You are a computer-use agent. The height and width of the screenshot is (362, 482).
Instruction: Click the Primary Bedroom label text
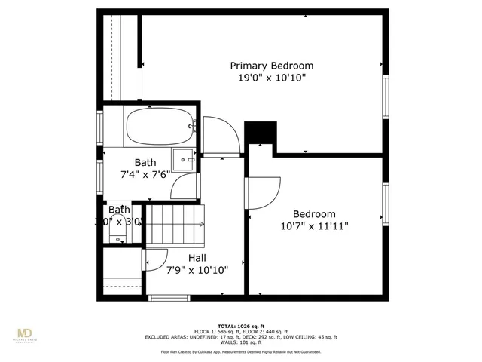point(271,66)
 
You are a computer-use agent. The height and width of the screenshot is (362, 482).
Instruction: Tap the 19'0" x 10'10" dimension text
point(271,78)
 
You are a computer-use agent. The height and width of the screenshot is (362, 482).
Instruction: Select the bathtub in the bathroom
point(160,126)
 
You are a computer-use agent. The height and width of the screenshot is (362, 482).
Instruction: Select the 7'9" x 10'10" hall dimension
point(197,270)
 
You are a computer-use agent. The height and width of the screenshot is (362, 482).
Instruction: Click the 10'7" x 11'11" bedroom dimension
point(314,225)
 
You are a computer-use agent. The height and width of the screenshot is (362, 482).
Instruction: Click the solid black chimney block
point(262,132)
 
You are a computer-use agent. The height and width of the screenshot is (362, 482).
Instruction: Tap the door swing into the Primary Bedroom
point(222,136)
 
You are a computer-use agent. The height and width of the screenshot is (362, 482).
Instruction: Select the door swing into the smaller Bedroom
point(264,194)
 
